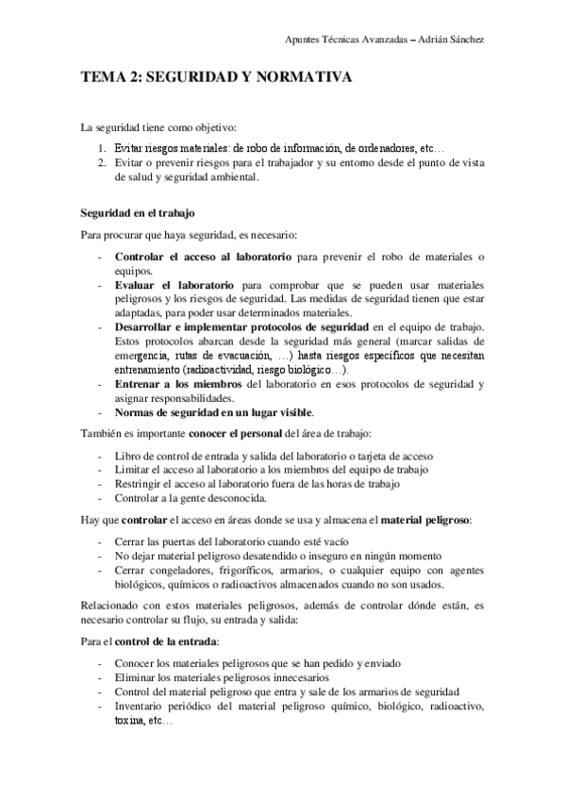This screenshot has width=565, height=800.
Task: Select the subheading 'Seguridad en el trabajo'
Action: [x=138, y=213]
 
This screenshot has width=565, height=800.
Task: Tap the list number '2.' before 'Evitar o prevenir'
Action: [x=104, y=162]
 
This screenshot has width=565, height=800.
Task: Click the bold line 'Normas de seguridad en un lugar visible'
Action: [x=214, y=412]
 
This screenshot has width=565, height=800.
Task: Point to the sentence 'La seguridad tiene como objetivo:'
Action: [x=158, y=127]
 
